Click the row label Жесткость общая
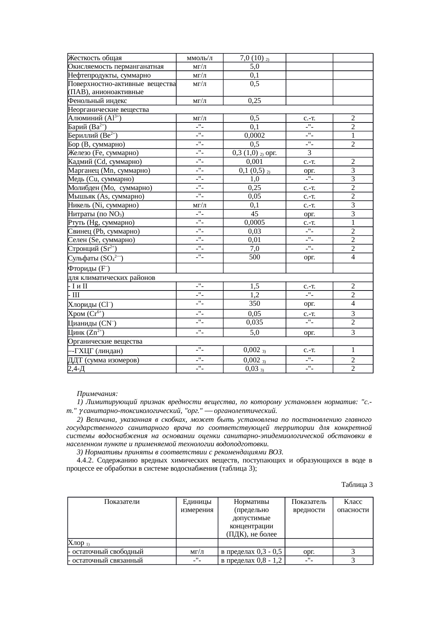click(x=95, y=58)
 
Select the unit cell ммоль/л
click(x=200, y=58)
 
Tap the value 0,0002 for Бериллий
click(x=254, y=136)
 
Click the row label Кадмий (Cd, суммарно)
click(x=105, y=162)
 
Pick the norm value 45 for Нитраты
click(x=254, y=214)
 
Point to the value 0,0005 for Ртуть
click(x=254, y=223)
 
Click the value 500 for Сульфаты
click(x=254, y=257)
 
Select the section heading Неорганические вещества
click(x=108, y=110)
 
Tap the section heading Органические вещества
click(x=105, y=341)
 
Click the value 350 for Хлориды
click(x=254, y=304)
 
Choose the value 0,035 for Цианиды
click(x=254, y=322)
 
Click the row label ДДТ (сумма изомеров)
click(x=103, y=360)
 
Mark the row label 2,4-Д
click(x=76, y=369)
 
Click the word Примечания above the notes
click(x=97, y=394)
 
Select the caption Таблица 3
click(x=357, y=484)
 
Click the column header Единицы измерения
click(x=197, y=506)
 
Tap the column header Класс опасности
click(x=353, y=506)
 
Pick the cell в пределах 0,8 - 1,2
click(x=251, y=560)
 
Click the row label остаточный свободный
click(x=106, y=551)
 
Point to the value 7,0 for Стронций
click(x=254, y=249)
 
